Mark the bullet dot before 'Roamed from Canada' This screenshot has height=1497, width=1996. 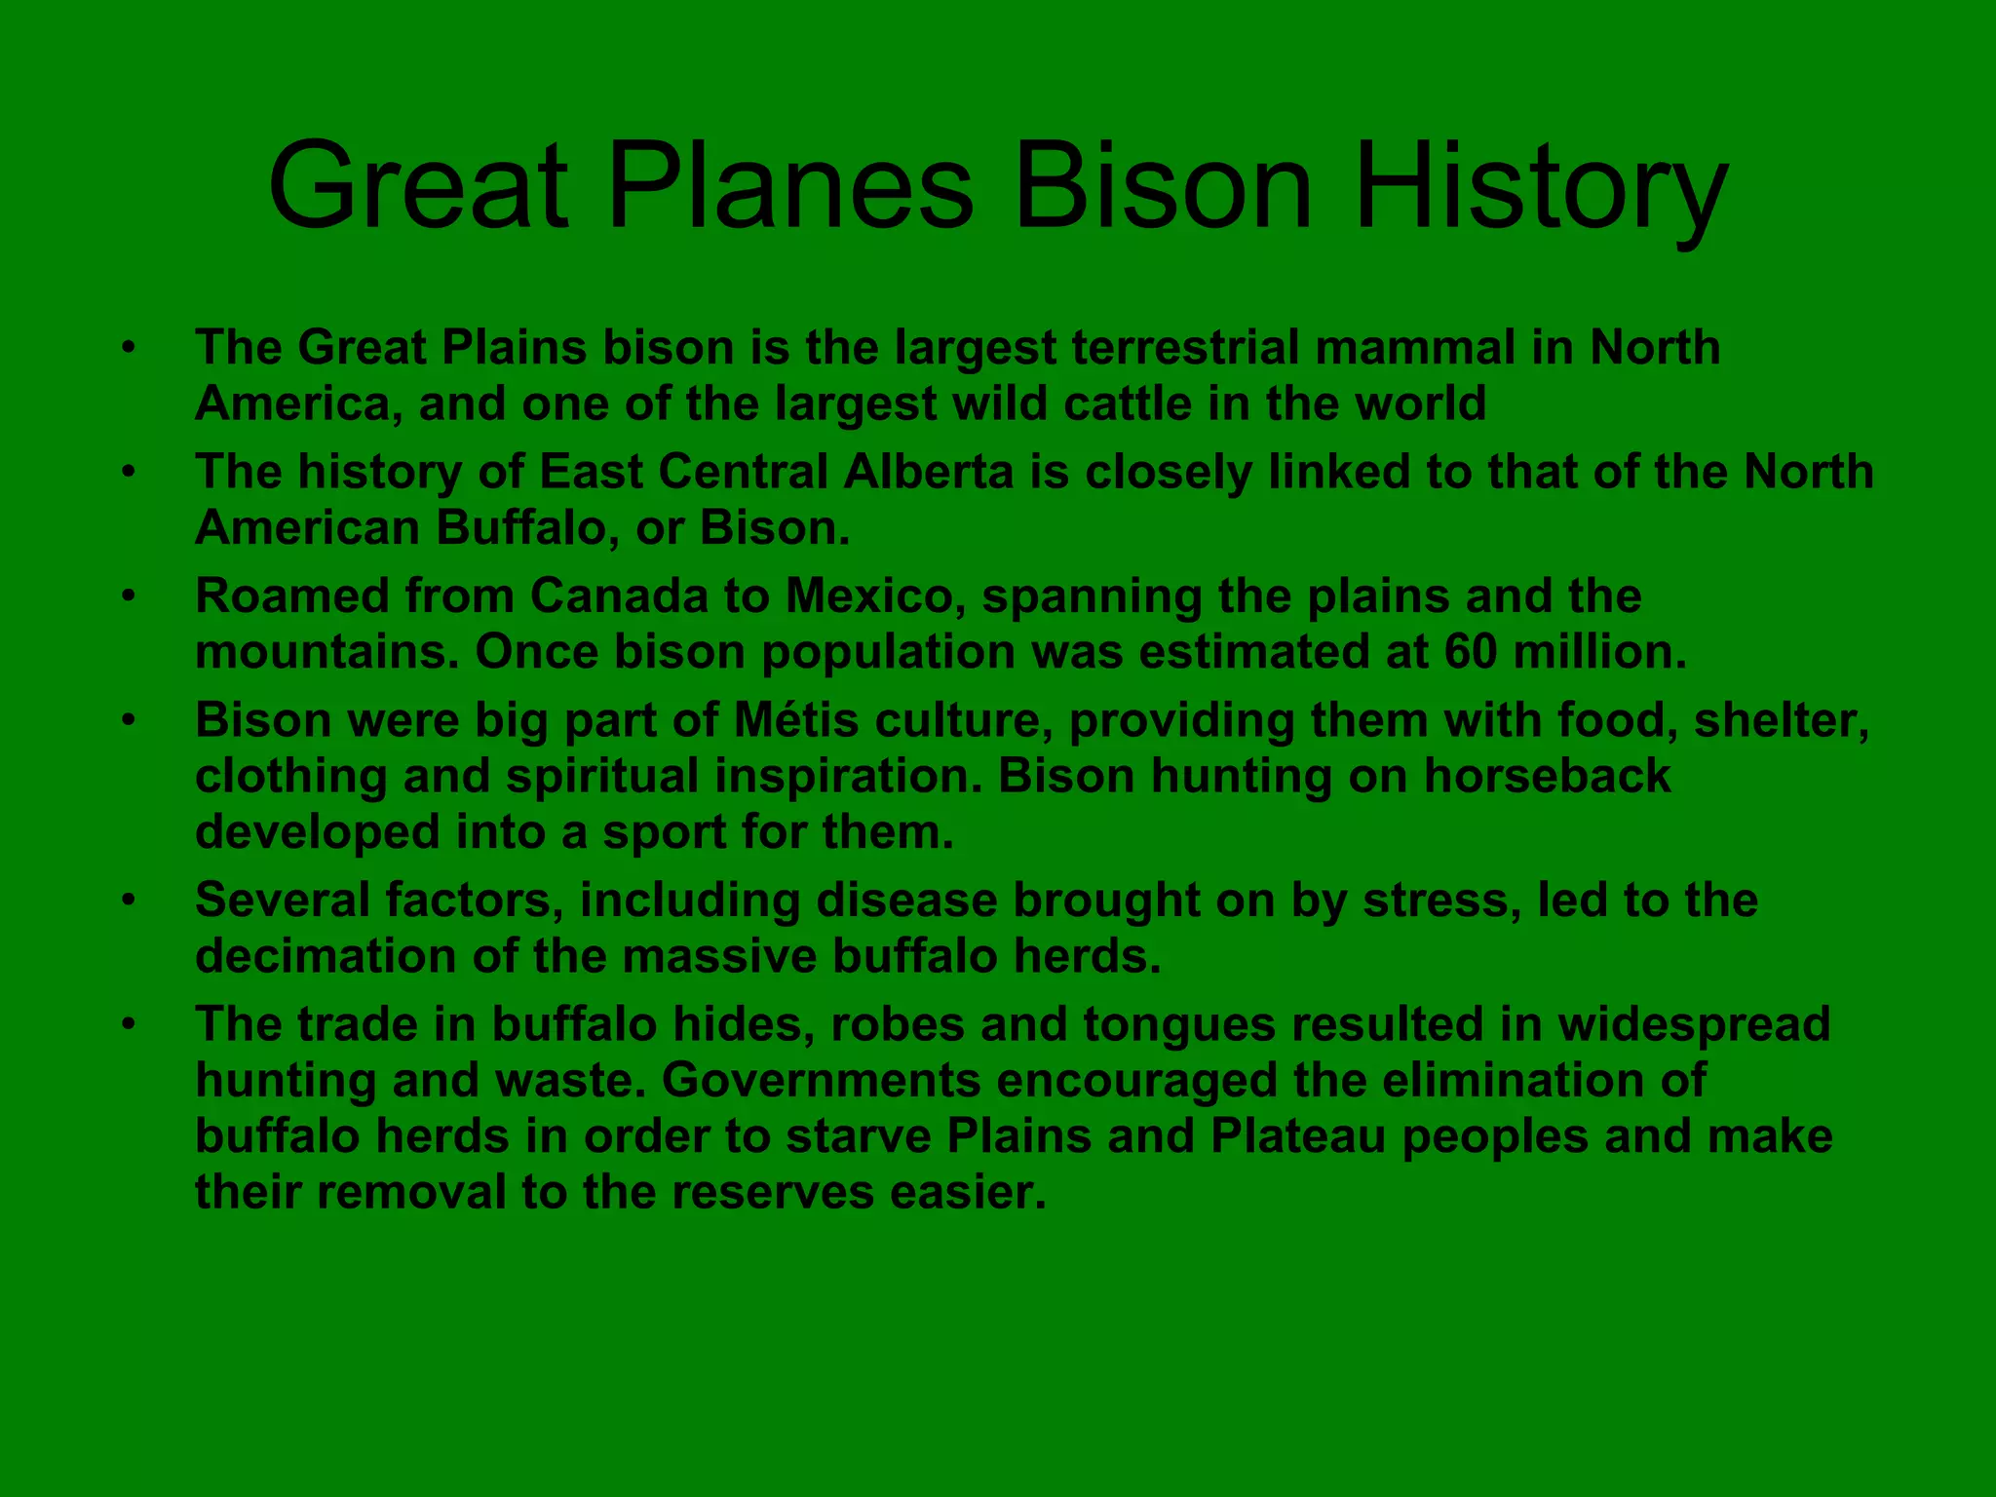pos(128,595)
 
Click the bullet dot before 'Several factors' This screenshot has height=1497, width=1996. pos(128,900)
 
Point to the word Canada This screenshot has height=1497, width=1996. pos(619,595)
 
